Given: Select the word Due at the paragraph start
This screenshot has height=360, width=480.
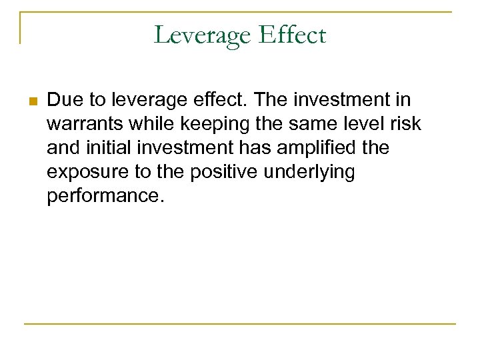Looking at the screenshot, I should (63, 100).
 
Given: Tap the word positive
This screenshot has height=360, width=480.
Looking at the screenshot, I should (224, 172).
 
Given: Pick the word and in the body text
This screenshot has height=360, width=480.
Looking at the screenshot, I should (61, 148).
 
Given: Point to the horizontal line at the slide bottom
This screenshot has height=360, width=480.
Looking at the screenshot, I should (240, 324).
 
